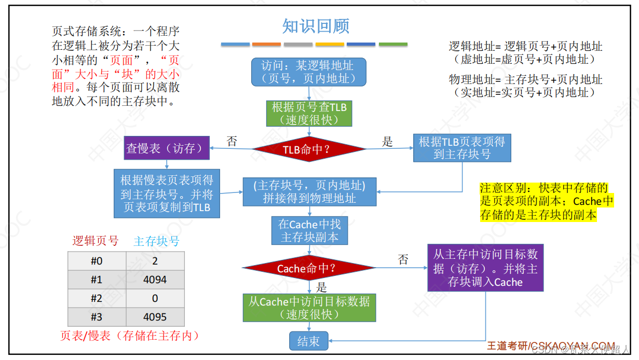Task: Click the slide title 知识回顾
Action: point(316,26)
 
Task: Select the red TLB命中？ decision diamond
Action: point(309,149)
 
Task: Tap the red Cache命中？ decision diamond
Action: point(309,268)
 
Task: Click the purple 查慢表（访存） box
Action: point(167,148)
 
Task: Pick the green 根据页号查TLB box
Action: point(309,114)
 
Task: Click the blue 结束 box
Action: point(308,341)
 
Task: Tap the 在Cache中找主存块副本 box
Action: point(309,231)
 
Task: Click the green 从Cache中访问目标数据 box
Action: point(309,308)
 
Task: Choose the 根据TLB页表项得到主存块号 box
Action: point(462,148)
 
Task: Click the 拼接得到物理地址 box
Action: point(309,192)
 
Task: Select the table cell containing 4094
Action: point(155,280)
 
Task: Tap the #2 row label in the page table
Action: point(97,298)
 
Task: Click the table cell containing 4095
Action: point(155,317)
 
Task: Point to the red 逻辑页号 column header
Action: point(96,241)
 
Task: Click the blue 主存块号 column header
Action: point(156,241)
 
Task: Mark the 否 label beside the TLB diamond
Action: point(232,142)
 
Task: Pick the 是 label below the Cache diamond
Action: point(322,287)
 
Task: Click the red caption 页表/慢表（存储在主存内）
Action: point(130,336)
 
